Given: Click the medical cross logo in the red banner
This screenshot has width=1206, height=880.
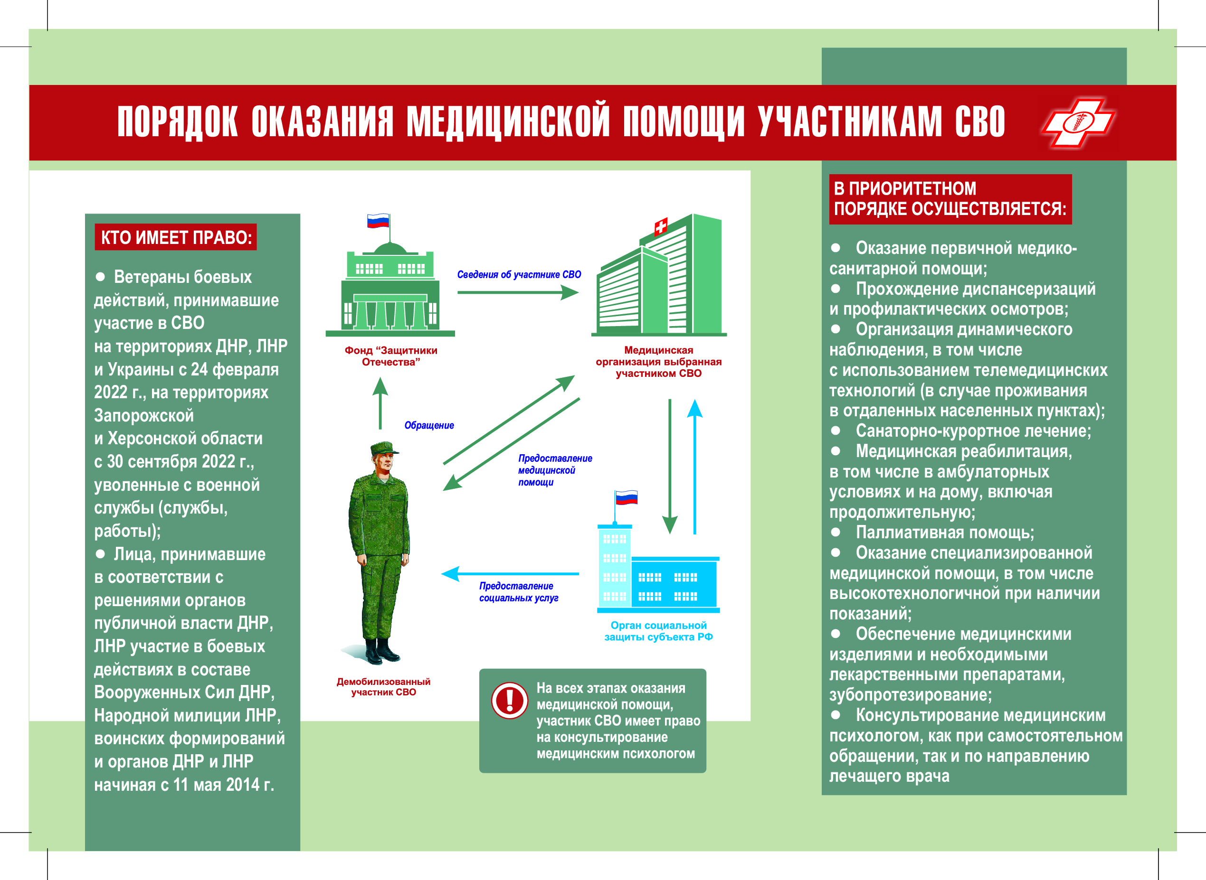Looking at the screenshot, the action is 1078,122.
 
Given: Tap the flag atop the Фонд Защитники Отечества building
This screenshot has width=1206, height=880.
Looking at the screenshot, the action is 379,221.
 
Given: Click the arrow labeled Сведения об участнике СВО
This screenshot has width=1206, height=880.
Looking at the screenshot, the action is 518,292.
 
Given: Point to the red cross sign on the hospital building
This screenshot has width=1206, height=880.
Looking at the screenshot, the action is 661,227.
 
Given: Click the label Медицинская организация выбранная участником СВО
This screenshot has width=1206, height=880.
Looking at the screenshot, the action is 659,362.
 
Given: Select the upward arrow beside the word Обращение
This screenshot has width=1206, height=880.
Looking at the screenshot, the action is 380,403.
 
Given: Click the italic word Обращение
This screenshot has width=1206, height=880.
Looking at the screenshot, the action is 429,425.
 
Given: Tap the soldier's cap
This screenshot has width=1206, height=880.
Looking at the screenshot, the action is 384,448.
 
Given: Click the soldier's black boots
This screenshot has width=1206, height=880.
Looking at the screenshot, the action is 381,650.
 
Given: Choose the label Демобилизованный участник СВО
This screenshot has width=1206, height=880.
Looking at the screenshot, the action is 384,687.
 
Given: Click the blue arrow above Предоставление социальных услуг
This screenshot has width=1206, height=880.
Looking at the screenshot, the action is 510,574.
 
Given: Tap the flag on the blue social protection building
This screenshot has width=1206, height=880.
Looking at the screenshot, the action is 626,497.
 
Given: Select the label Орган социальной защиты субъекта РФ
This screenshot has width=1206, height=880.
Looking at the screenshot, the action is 659,631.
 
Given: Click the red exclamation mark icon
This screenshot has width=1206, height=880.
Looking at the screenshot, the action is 510,701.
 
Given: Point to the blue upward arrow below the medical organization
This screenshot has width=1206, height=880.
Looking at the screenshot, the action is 694,466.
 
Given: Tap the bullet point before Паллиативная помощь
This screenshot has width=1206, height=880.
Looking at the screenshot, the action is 836,532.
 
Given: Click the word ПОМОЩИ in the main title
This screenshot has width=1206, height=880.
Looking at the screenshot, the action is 684,122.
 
